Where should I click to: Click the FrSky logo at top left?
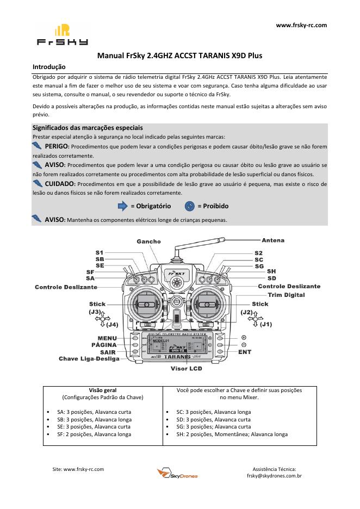click(x=61, y=35)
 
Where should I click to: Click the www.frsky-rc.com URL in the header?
click(x=301, y=25)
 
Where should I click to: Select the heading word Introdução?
click(x=49, y=67)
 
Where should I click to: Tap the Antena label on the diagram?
click(x=273, y=240)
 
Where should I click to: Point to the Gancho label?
click(x=148, y=241)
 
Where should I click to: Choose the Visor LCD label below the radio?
click(x=186, y=368)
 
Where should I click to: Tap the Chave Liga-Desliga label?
click(x=89, y=359)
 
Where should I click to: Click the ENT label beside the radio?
click(x=245, y=352)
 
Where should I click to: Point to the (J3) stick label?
click(x=95, y=312)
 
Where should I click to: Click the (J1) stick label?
click(x=266, y=325)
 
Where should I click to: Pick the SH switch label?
click(x=271, y=271)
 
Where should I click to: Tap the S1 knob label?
click(x=99, y=253)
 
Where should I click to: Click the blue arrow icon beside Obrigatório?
click(x=123, y=206)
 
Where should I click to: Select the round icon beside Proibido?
click(x=190, y=206)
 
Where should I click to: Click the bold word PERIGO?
click(x=57, y=147)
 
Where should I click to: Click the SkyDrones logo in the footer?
click(x=177, y=474)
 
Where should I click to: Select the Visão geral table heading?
click(x=103, y=390)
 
